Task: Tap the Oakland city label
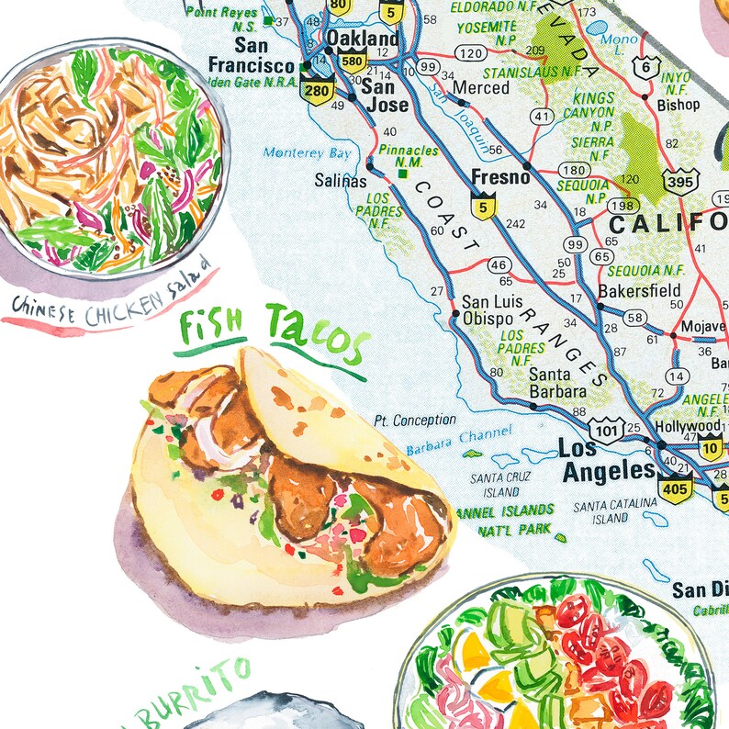(363, 39)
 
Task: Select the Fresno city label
(499, 177)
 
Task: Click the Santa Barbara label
(557, 383)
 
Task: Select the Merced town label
(481, 87)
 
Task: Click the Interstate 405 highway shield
(675, 488)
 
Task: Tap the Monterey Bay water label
(307, 152)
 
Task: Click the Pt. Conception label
(414, 421)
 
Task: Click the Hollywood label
(688, 427)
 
